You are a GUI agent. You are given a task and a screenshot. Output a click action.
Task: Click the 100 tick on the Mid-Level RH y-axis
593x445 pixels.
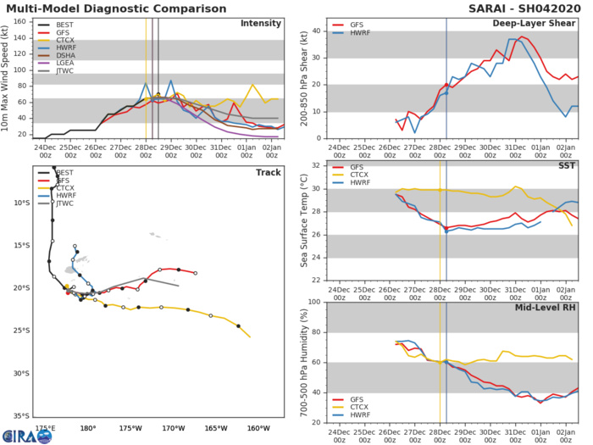[x=314, y=302]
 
